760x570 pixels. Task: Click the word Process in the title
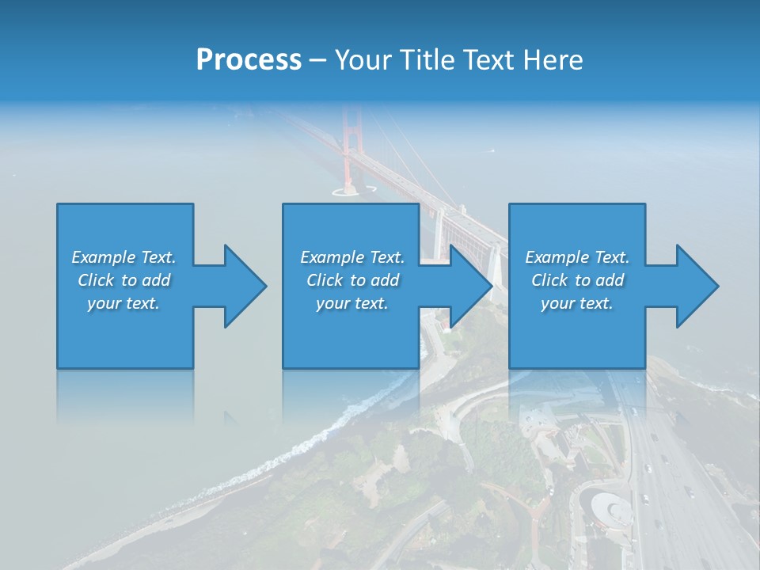(x=249, y=60)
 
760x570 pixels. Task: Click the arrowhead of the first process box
(x=245, y=286)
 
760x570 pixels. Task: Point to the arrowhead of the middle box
(x=471, y=286)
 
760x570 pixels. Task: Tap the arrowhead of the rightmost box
(x=697, y=286)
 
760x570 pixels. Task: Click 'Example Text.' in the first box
(x=123, y=257)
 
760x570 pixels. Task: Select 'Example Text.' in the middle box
(x=352, y=257)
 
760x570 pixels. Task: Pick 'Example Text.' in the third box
(x=577, y=257)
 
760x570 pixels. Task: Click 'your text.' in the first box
(x=123, y=303)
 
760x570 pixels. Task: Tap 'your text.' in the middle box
(x=352, y=303)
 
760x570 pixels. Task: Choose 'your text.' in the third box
(x=577, y=303)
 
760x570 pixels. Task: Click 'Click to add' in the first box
(x=123, y=280)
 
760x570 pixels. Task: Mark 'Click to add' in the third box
(x=577, y=280)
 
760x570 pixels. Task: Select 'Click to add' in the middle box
(x=352, y=280)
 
